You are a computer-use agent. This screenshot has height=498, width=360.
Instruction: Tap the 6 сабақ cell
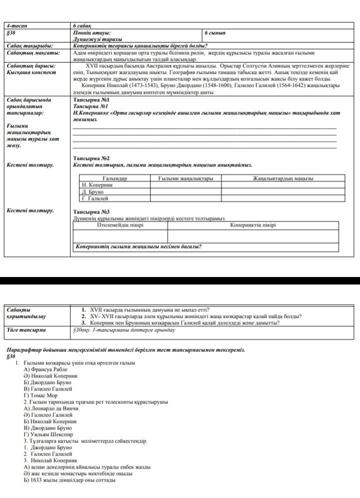pos(81,25)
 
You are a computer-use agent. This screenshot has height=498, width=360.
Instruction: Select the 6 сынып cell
pos(215,32)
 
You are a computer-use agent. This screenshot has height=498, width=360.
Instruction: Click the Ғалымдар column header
pos(115,178)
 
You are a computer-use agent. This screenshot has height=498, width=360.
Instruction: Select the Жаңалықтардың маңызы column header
pos(283,178)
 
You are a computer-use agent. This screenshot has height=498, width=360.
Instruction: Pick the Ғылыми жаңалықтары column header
pos(185,178)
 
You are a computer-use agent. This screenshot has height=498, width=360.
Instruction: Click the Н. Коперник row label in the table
pos(97,185)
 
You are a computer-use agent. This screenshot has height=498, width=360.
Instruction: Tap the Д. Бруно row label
pos(93,191)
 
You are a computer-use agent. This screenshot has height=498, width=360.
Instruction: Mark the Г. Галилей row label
pos(95,198)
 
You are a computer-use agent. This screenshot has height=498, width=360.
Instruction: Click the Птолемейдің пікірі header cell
pos(120,225)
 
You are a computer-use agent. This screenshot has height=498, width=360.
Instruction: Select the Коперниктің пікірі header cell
pos(252,225)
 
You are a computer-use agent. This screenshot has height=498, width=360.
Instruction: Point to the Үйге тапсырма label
pos(25,330)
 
